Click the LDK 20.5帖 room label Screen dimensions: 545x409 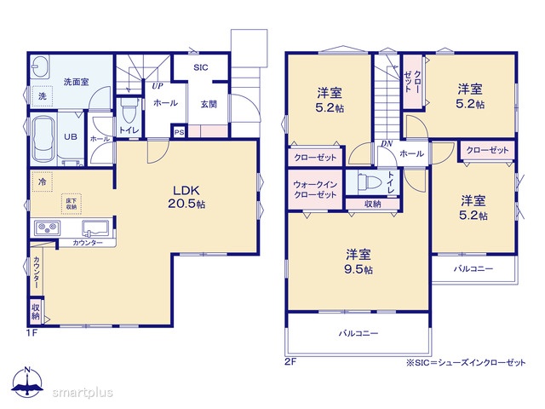186,197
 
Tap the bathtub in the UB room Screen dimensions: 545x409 43,138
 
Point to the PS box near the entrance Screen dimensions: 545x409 179,132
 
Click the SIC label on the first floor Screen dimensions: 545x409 201,67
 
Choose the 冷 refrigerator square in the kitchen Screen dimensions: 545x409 42,181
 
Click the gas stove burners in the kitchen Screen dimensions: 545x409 48,228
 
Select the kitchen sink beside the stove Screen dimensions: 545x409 95,228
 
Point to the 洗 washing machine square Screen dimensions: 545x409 42,96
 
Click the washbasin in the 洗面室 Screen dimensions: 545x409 41,66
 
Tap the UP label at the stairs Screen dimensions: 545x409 158,86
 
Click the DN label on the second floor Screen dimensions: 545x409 387,143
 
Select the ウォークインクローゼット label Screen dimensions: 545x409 315,189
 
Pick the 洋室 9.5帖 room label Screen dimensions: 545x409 359,262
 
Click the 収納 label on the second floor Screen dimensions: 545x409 373,204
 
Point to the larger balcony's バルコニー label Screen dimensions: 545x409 359,333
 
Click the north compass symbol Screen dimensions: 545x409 27,382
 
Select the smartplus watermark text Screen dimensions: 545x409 83,392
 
